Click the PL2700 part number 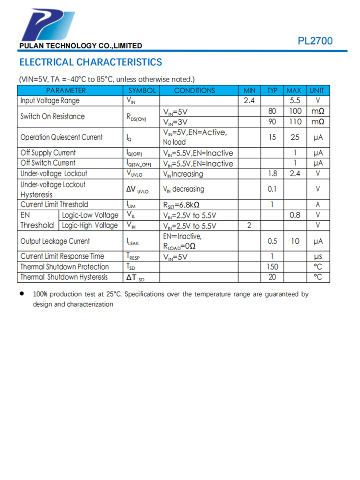coord(315,41)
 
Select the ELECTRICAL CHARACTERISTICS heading coord(90,62)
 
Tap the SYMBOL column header coord(142,91)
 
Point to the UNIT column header coord(317,91)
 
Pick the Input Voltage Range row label coord(50,101)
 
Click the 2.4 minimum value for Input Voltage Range coord(249,101)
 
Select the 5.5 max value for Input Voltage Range coord(295,101)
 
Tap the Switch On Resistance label coord(52,116)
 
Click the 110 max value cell coord(295,122)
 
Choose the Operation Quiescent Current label coord(61,137)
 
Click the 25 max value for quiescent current coord(295,137)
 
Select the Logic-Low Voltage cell coord(90,215)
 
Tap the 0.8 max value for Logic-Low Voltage coord(295,215)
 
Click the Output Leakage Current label coord(55,241)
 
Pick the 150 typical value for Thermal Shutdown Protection coord(272,267)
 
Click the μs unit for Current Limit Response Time coord(317,256)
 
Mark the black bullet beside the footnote coord(22,294)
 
